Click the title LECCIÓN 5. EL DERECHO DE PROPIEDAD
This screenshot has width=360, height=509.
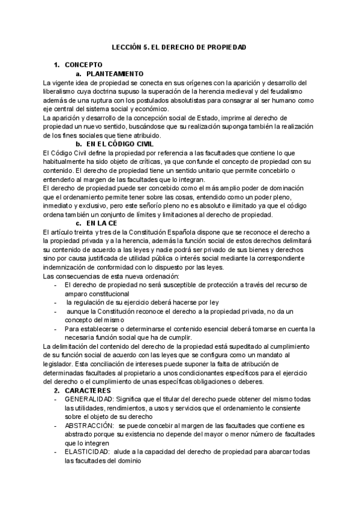pyautogui.click(x=179, y=47)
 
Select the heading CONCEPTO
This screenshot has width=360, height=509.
pyautogui.click(x=83, y=64)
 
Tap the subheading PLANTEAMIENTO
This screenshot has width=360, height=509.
pyautogui.click(x=115, y=73)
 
